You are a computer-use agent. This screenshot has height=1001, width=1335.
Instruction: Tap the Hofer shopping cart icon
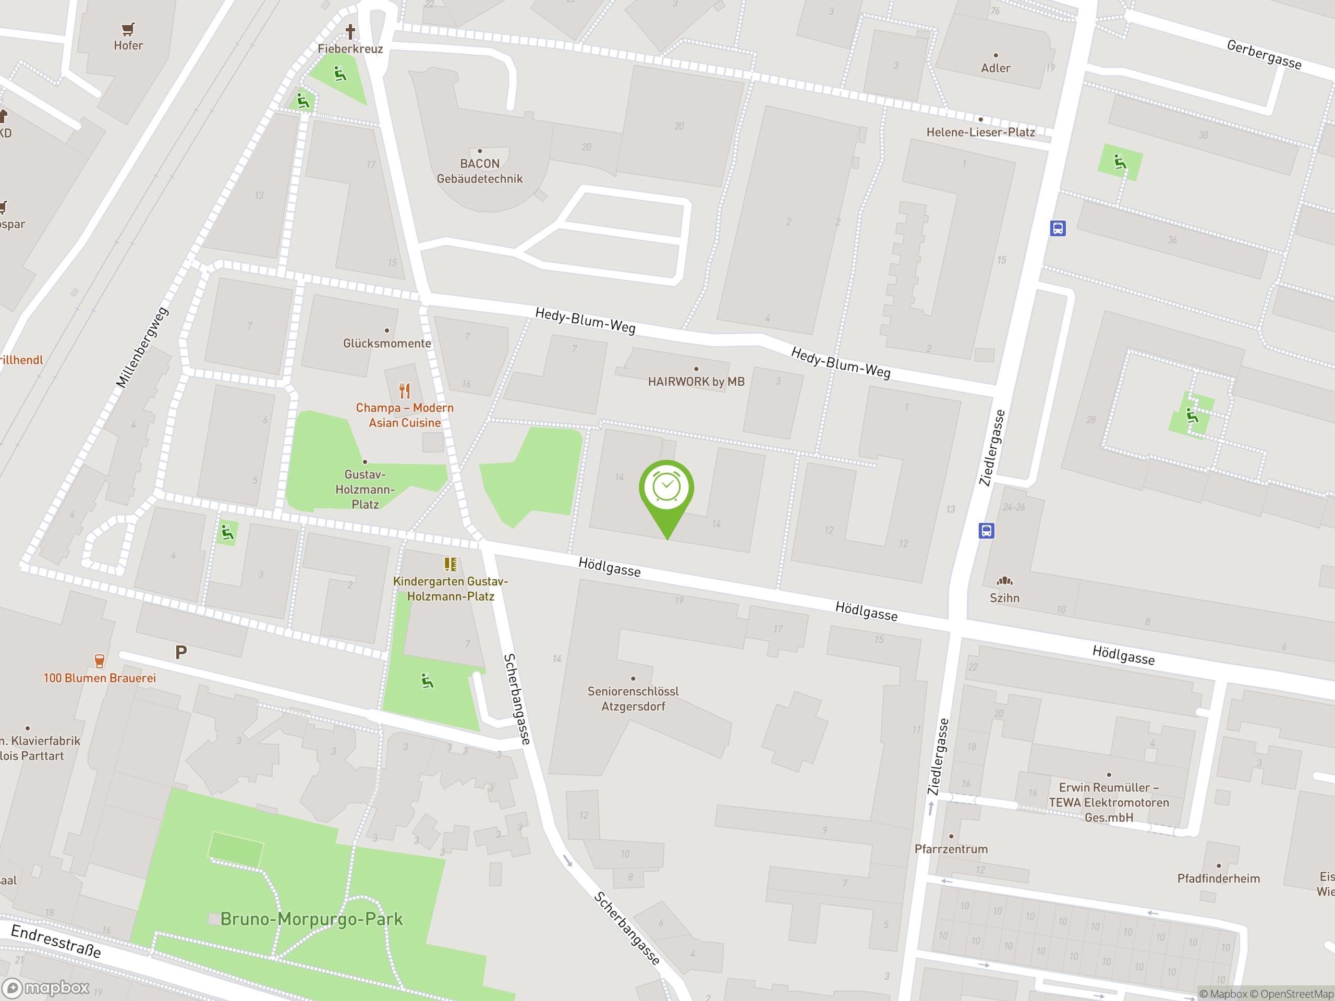(128, 29)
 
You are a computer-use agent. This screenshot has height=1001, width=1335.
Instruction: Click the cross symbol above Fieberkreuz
(350, 31)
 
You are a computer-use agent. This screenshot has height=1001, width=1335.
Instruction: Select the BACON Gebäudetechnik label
(480, 172)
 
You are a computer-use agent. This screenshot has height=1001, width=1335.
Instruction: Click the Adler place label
(995, 68)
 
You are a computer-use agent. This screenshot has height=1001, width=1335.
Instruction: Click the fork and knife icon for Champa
(404, 391)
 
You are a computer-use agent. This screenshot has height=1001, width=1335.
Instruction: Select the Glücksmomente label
(387, 344)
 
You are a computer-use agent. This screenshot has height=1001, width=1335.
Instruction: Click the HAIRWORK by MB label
(696, 381)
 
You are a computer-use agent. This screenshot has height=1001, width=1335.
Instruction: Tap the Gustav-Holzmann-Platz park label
(365, 490)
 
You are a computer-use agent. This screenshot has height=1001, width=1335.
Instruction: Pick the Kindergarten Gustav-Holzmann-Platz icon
(450, 564)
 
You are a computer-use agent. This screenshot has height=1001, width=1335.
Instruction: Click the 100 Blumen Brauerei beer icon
(100, 661)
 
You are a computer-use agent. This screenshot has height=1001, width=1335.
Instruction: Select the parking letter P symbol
(180, 652)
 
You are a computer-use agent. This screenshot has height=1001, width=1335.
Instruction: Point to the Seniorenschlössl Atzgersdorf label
(633, 699)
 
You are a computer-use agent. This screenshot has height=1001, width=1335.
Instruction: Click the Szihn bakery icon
(1004, 581)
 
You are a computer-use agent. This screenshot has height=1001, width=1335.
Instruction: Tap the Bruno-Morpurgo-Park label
(311, 919)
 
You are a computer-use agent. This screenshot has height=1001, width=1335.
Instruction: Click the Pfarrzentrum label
(951, 849)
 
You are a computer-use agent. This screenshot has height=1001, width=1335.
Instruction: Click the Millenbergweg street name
(142, 348)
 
